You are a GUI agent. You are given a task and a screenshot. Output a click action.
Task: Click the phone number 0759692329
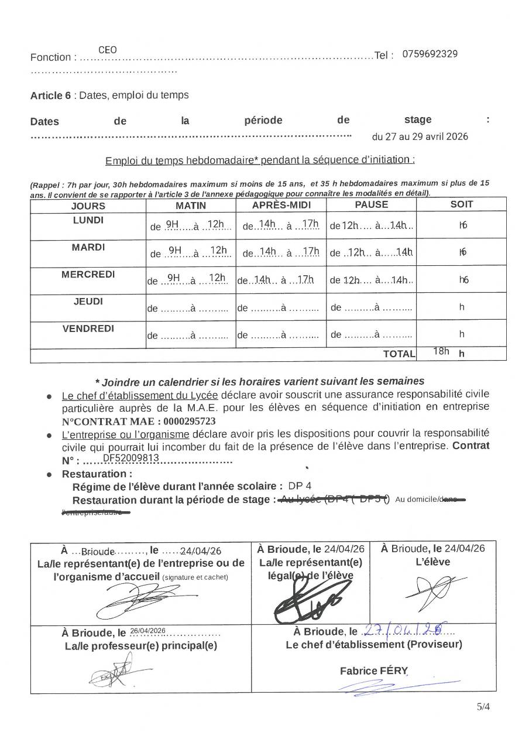[431, 54]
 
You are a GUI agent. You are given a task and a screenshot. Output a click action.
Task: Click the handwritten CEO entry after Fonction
[107, 50]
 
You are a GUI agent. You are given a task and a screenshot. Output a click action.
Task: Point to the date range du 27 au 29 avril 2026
[420, 137]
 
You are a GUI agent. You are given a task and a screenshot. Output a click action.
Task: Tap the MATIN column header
[191, 206]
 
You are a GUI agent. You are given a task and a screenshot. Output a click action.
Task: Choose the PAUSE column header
[371, 204]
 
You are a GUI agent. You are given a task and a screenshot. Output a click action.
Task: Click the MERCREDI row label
[88, 274]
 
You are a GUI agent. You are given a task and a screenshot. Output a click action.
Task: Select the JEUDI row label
[88, 302]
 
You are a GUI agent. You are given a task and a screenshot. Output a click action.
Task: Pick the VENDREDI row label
[88, 329]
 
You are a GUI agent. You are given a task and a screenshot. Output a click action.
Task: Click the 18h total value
[441, 351]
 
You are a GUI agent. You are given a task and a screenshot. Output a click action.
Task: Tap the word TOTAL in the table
[399, 354]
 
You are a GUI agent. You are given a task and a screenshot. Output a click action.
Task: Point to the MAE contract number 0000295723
[190, 421]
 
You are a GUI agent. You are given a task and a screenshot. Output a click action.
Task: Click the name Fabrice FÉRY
[373, 671]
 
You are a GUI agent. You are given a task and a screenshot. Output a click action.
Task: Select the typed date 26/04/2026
[148, 631]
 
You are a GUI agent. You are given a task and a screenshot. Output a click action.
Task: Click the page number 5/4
[483, 706]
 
